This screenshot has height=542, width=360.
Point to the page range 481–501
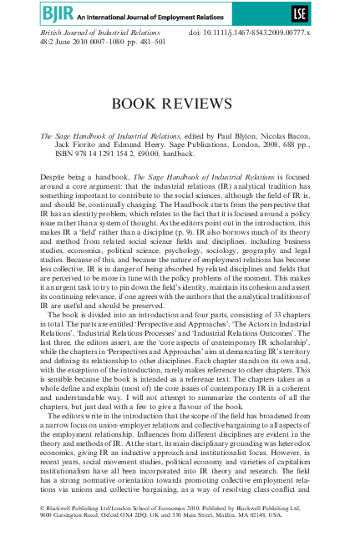(144, 41)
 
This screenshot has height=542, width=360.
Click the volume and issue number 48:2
(49, 41)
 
